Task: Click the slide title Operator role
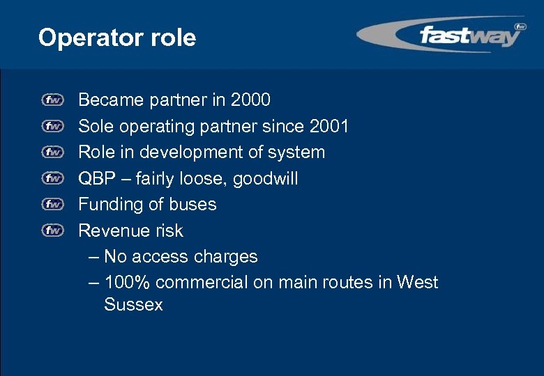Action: (x=117, y=38)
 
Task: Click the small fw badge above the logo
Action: (x=520, y=26)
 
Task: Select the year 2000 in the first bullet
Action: (x=249, y=100)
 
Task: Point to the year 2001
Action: (x=328, y=126)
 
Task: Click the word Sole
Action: (x=95, y=126)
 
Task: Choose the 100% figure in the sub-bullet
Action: (x=127, y=283)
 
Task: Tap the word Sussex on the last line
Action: (x=133, y=304)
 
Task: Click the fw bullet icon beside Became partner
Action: (x=52, y=100)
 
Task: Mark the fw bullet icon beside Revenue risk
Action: (x=52, y=230)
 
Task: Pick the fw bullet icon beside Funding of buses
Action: (x=52, y=204)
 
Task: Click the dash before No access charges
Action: (x=94, y=257)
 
